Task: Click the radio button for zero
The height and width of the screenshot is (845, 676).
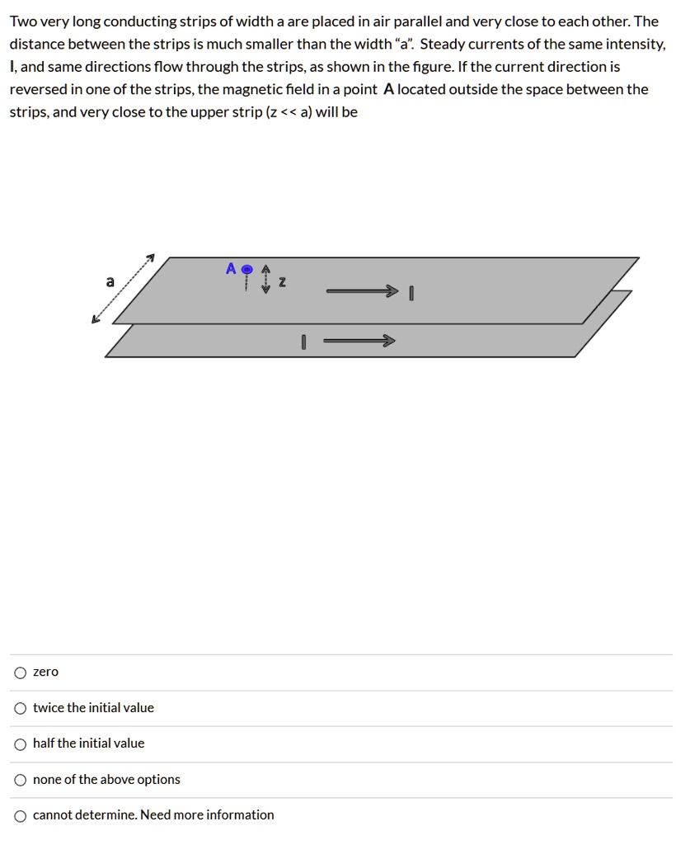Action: (x=20, y=673)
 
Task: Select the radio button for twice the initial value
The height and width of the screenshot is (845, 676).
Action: (x=20, y=708)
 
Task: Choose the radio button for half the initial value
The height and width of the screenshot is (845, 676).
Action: (x=20, y=744)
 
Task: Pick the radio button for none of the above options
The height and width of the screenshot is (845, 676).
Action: (x=20, y=780)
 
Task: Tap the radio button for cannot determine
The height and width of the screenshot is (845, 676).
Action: (x=20, y=815)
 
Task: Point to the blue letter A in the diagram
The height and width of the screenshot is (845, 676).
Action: (x=231, y=269)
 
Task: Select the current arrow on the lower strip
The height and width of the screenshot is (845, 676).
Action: (x=359, y=341)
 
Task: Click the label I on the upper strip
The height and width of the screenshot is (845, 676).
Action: (x=410, y=293)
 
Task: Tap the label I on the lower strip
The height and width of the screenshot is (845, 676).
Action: (x=303, y=342)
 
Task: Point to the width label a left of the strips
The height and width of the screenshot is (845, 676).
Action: (x=110, y=281)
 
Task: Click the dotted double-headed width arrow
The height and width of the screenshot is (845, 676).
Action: (x=124, y=289)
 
